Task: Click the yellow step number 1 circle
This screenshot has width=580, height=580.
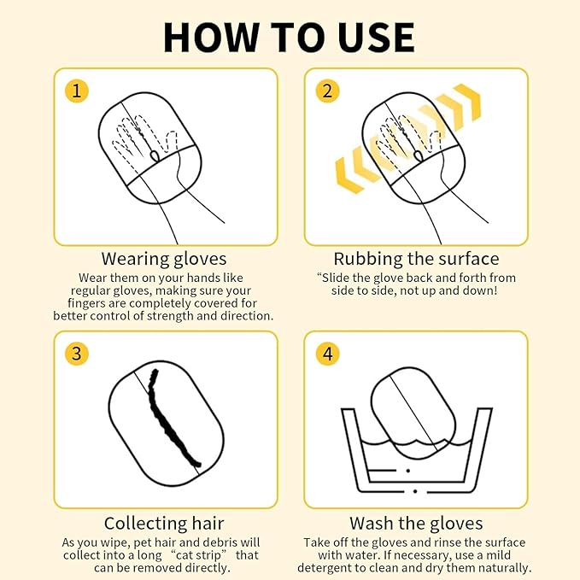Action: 77,91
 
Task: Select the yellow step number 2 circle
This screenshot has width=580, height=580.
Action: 327,91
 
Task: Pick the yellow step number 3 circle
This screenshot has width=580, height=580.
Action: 77,354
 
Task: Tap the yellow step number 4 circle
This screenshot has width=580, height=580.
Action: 327,354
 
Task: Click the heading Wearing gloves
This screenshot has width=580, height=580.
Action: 164,259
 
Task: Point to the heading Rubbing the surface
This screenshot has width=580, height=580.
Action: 416,259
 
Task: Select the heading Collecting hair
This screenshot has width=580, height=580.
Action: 164,524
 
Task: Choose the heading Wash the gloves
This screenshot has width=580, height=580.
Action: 416,524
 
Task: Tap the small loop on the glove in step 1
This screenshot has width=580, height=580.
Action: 155,155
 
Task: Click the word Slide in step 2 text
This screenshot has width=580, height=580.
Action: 335,278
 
